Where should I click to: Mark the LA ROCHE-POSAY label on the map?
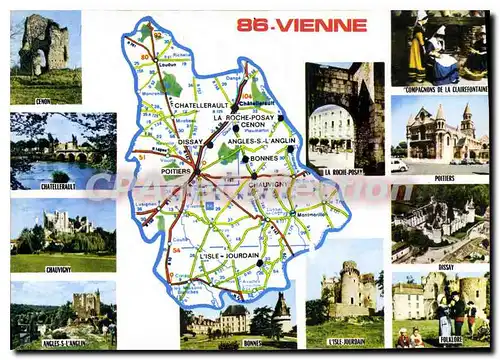pyautogui.click(x=244, y=118)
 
